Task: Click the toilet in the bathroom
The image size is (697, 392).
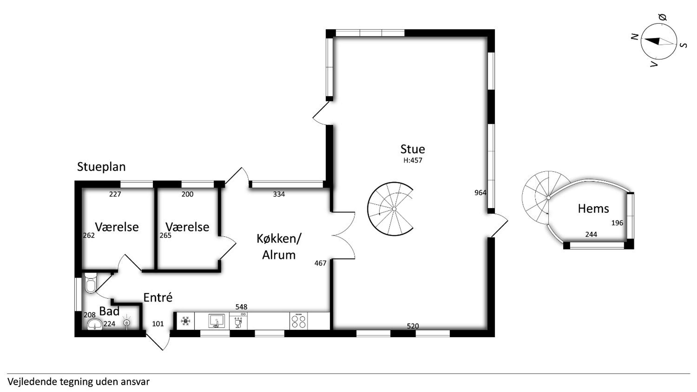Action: point(91,283)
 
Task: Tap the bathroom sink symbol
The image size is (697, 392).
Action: point(95,325)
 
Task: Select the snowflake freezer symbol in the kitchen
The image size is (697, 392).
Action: point(186,321)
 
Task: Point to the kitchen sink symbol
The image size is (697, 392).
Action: point(216,321)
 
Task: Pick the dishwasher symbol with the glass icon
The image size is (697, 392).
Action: point(238,321)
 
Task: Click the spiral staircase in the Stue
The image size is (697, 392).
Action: point(390,209)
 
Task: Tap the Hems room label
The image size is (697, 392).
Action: point(593,209)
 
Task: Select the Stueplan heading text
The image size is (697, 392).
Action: point(101,167)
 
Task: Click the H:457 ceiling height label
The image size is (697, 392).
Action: point(413,160)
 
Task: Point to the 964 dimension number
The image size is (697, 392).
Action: point(481,193)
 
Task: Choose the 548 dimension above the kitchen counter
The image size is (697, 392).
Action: point(241,307)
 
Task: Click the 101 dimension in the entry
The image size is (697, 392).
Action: point(158,324)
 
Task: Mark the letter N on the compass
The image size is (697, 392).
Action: point(634,37)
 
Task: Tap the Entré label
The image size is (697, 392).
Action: point(158,297)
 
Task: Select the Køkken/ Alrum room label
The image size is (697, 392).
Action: point(279,247)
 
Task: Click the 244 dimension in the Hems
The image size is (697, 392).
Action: point(591,234)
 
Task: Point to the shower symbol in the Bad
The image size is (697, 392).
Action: point(126,323)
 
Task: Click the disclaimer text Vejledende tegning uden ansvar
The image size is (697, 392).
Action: point(78,382)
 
